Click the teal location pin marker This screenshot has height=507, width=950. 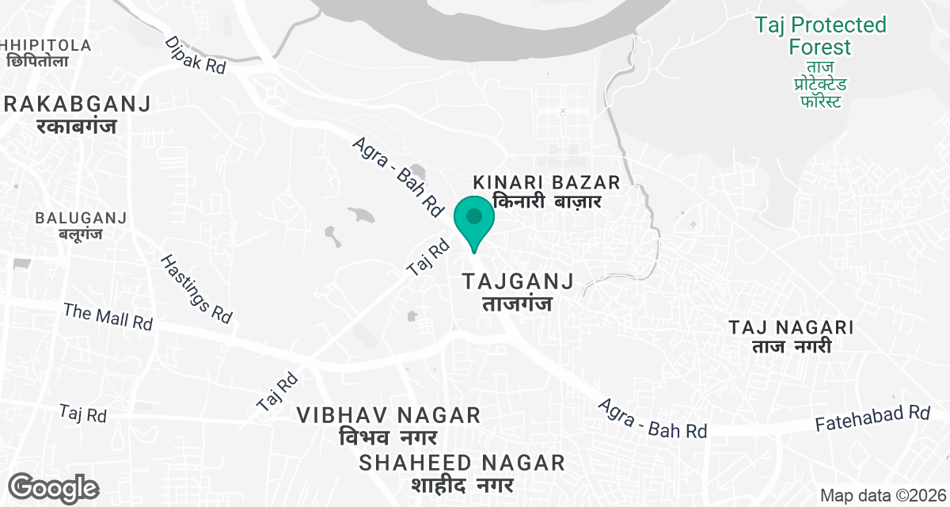[x=474, y=221]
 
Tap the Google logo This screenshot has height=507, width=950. [x=54, y=486]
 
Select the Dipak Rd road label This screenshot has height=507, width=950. [x=196, y=55]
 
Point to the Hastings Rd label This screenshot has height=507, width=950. [x=196, y=288]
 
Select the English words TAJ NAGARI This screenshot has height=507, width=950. [x=791, y=327]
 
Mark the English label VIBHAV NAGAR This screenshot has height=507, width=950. [x=389, y=415]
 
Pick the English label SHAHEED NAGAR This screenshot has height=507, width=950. [x=462, y=463]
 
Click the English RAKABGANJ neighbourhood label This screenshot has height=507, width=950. [x=77, y=104]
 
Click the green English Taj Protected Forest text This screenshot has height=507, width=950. [x=820, y=36]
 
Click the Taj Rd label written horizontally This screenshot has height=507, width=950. [x=83, y=414]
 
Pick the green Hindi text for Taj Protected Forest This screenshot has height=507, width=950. [x=820, y=85]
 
